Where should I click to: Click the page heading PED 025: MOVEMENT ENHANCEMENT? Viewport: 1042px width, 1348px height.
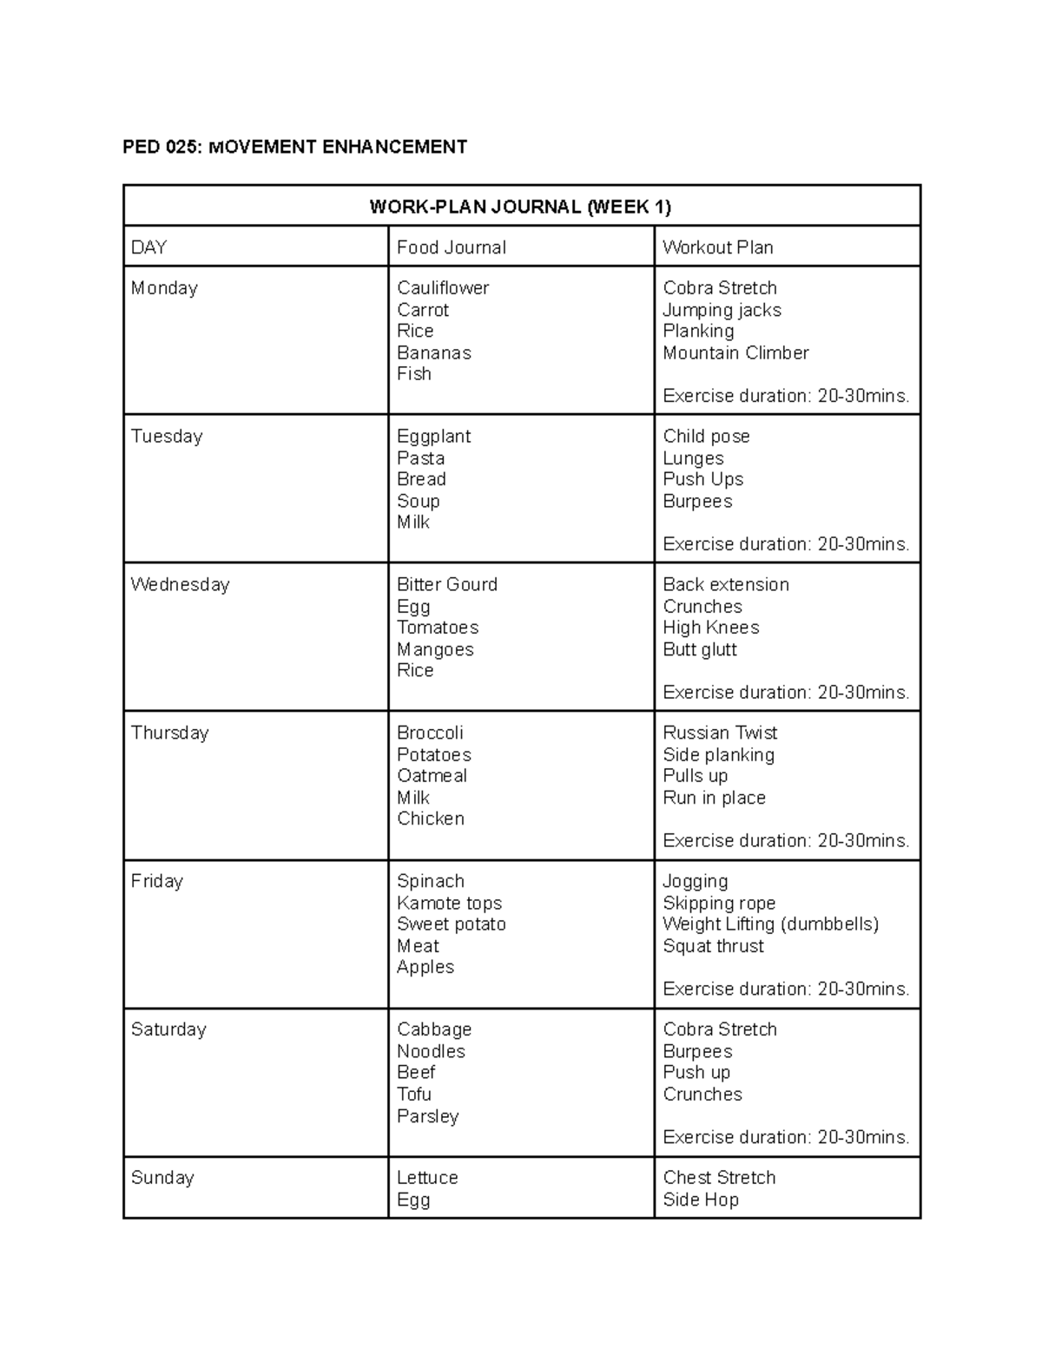(x=294, y=147)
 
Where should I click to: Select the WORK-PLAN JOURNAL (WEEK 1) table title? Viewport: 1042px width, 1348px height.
(x=520, y=207)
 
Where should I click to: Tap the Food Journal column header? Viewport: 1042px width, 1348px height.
(x=451, y=247)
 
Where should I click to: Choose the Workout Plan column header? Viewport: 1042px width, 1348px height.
(x=717, y=247)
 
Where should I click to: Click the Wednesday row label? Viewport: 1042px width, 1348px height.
(x=180, y=585)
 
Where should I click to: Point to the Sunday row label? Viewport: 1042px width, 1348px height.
(x=162, y=1178)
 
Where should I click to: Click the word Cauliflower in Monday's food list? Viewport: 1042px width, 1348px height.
(x=443, y=288)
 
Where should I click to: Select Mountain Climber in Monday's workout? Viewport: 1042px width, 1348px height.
(x=735, y=353)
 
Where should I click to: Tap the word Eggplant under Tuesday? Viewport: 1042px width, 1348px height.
(x=433, y=437)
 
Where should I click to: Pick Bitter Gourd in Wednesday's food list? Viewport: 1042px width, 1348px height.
(x=446, y=585)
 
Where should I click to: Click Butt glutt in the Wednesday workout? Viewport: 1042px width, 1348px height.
(x=699, y=649)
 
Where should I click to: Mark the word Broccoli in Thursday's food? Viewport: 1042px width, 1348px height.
(x=430, y=733)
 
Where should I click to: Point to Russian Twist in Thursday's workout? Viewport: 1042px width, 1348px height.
(x=720, y=733)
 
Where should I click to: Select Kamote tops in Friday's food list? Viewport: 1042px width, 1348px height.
(x=449, y=904)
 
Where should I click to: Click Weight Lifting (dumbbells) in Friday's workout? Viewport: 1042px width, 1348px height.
(x=770, y=924)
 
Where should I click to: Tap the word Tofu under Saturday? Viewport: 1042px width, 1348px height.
(x=413, y=1095)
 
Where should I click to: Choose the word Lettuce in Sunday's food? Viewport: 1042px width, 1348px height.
(x=427, y=1178)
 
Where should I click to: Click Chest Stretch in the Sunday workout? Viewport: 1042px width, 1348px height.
(x=719, y=1178)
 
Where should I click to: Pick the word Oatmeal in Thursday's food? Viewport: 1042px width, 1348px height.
(x=432, y=776)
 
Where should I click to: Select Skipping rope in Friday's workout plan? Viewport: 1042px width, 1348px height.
(x=719, y=904)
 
